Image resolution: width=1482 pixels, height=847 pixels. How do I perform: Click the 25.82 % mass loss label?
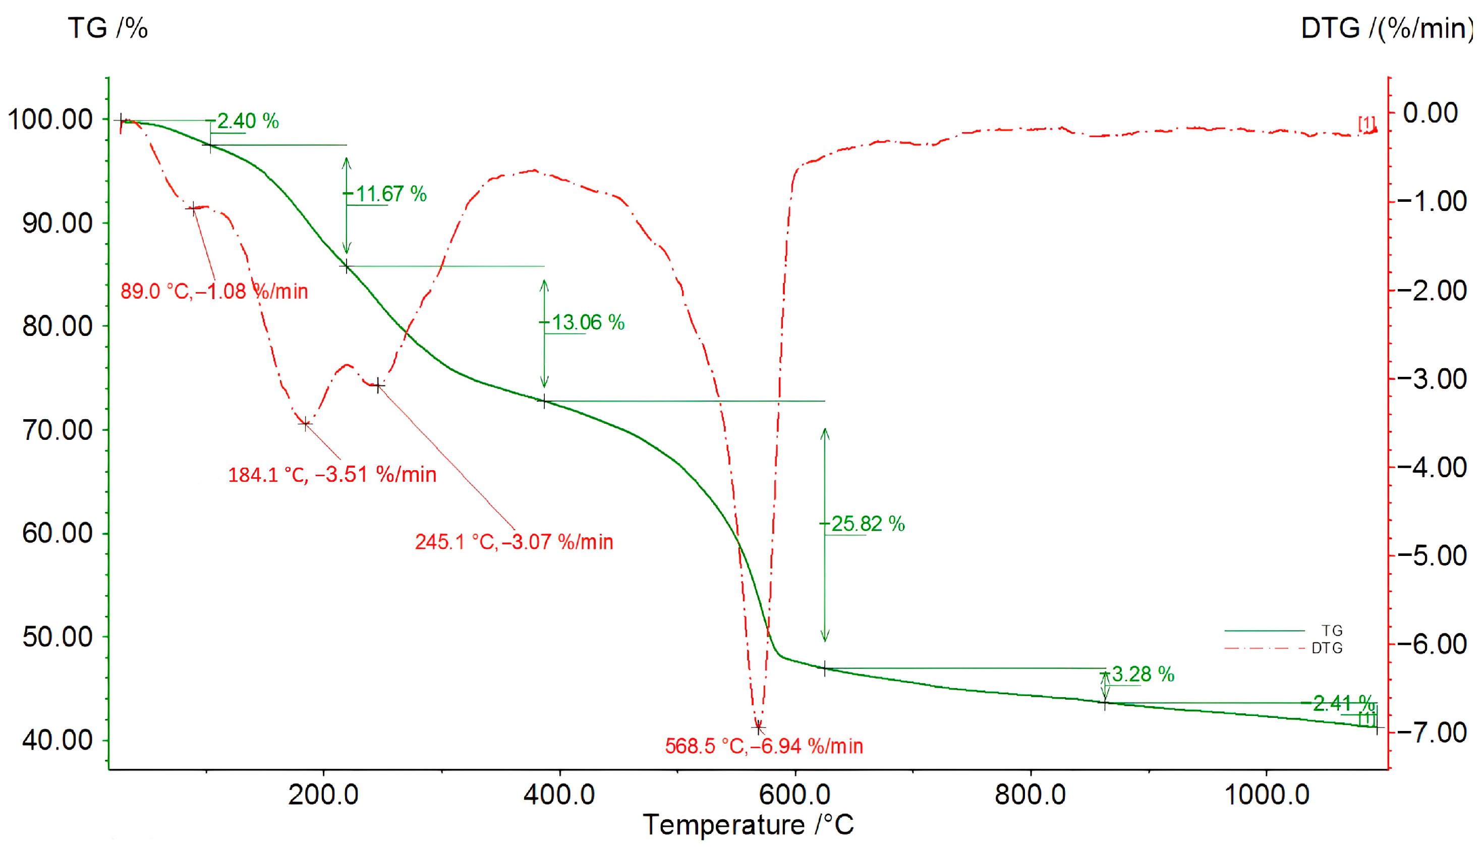[x=868, y=524]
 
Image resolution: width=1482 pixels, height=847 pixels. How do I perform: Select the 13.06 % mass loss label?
[x=588, y=322]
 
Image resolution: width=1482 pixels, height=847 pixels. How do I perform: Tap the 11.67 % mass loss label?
[x=391, y=194]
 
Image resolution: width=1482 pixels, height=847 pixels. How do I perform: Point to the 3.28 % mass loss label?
[x=1143, y=674]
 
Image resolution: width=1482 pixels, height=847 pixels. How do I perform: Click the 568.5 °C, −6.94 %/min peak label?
[x=764, y=747]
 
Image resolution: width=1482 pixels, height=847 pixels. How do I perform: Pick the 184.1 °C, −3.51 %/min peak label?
[x=331, y=475]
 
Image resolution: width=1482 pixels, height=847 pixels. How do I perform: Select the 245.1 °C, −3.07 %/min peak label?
[x=514, y=542]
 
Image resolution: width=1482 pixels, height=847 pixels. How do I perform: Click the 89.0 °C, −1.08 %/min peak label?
[x=214, y=291]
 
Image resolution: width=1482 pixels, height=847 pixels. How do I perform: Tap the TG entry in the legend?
[x=1331, y=631]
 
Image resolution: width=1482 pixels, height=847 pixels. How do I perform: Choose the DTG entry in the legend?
[x=1327, y=648]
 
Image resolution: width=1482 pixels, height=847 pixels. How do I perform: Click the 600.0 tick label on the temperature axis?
[x=795, y=795]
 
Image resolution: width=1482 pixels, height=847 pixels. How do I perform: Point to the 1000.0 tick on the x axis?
[x=1267, y=795]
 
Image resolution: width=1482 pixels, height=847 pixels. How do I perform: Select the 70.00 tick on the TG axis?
[x=57, y=430]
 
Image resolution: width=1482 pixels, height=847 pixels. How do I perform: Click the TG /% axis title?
[x=108, y=28]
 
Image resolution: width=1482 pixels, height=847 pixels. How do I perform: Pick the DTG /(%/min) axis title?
[x=1387, y=28]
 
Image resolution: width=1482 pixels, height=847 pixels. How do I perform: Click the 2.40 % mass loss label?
[x=248, y=121]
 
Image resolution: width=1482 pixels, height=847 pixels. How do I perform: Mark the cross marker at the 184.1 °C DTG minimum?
[x=305, y=424]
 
